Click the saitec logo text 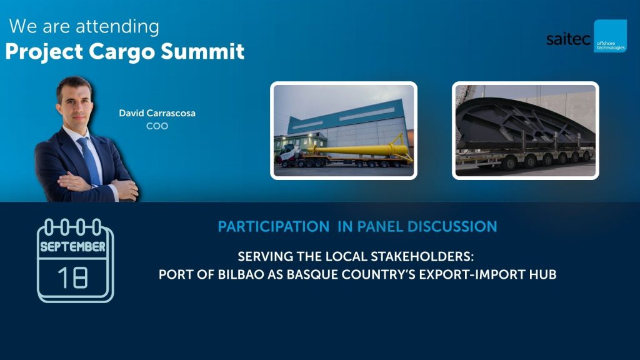568,39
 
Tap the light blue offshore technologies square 610,36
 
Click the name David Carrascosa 157,113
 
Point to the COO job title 157,126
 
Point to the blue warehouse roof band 347,116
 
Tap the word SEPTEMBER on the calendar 72,246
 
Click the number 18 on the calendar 72,277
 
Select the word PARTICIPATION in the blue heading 274,226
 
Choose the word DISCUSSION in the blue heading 452,226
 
